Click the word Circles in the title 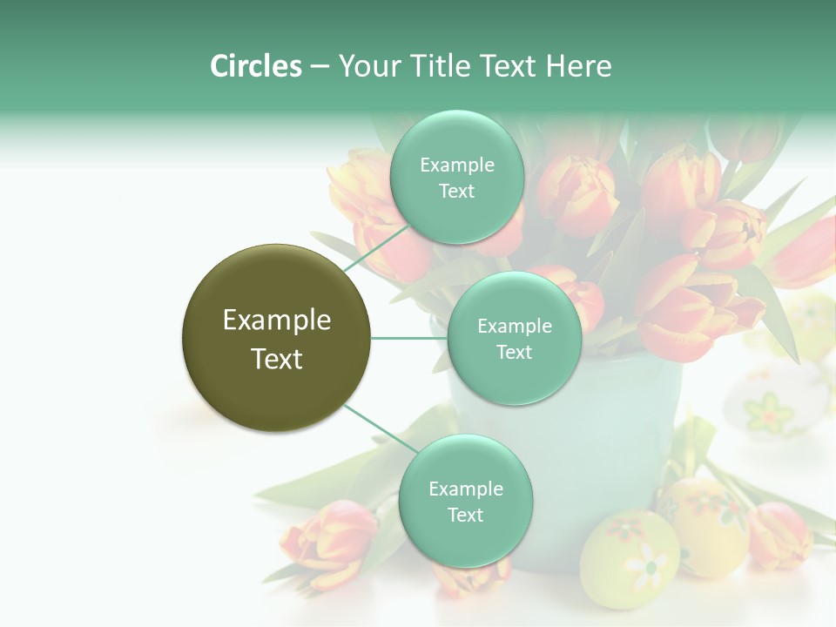click(x=256, y=66)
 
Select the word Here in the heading click(x=578, y=66)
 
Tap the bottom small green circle click(x=465, y=540)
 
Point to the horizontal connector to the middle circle click(x=409, y=338)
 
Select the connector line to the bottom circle click(x=380, y=429)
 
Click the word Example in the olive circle click(x=276, y=320)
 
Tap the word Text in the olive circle click(x=276, y=359)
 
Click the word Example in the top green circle click(x=456, y=165)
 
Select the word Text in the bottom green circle click(x=465, y=515)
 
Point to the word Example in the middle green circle click(x=514, y=327)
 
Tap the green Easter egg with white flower click(x=629, y=557)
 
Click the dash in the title click(x=319, y=67)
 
